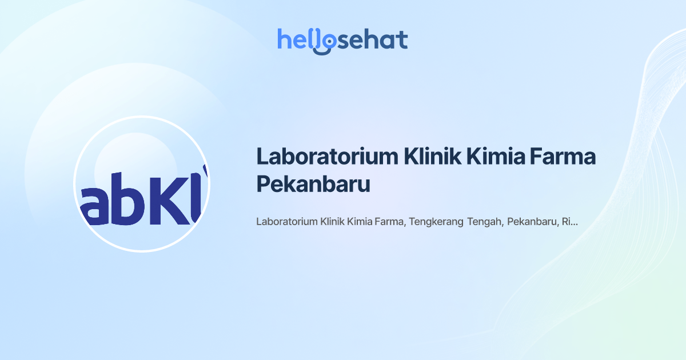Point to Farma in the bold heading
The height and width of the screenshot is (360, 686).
pyautogui.click(x=565, y=157)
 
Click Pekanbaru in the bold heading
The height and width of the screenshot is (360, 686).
pyautogui.click(x=313, y=185)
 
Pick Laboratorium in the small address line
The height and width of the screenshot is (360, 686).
pyautogui.click(x=286, y=222)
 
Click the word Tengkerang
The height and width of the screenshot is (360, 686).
pyautogui.click(x=436, y=222)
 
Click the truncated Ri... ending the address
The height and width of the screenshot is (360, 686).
pyautogui.click(x=569, y=222)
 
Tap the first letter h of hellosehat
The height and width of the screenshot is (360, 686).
pyautogui.click(x=284, y=39)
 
